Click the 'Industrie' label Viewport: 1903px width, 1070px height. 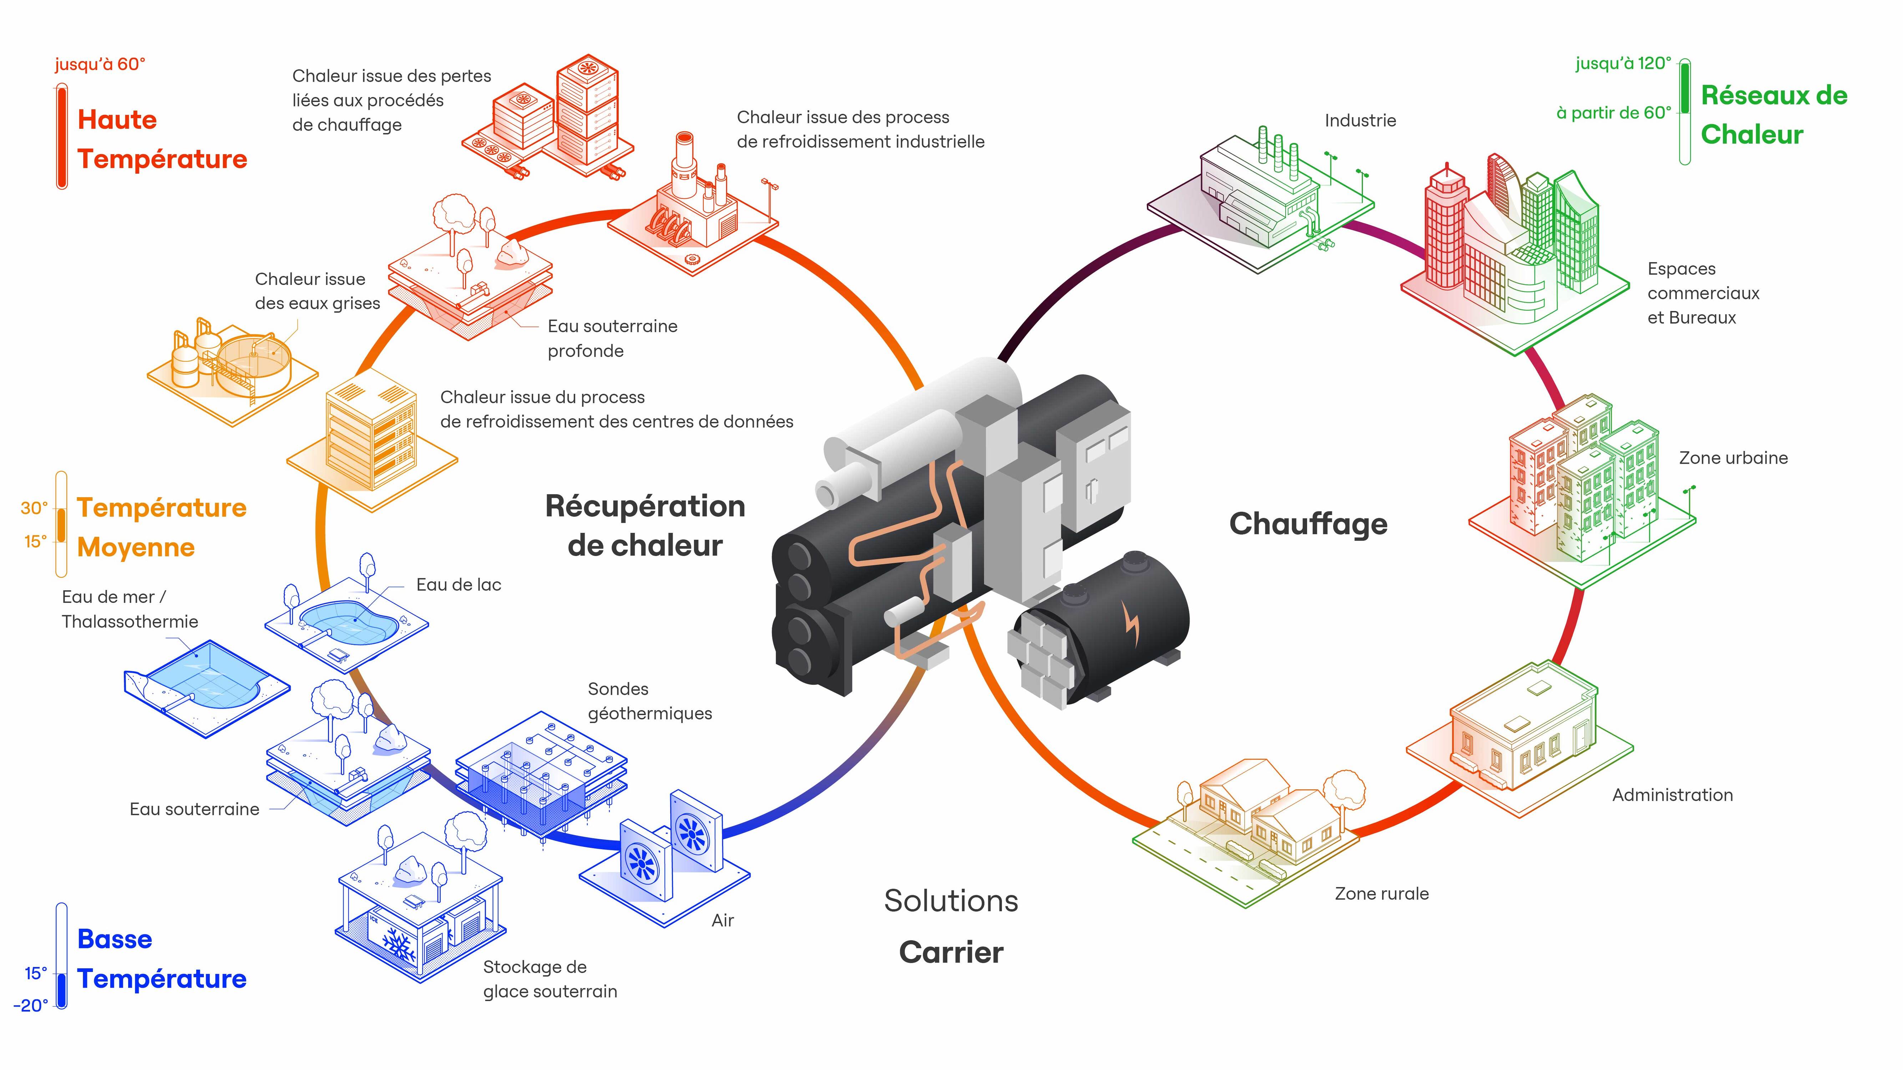click(x=1360, y=120)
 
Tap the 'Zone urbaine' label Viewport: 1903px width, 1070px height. click(x=1733, y=458)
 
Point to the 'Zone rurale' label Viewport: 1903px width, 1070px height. click(x=1381, y=893)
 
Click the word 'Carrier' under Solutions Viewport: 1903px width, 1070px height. click(x=951, y=953)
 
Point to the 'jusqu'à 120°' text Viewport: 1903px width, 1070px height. click(x=1623, y=63)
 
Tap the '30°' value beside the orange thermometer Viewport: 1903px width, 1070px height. click(x=34, y=508)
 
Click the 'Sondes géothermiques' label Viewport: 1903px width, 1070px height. click(x=649, y=701)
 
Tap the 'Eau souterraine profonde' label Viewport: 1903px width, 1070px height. click(x=612, y=338)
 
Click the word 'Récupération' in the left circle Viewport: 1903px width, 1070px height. click(x=645, y=506)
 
